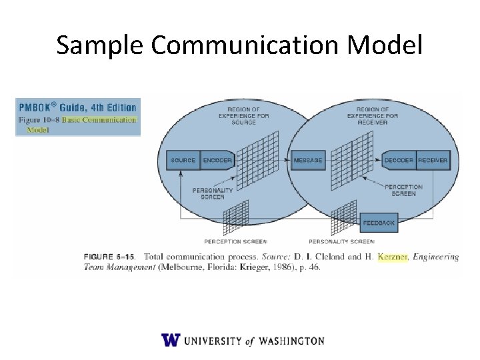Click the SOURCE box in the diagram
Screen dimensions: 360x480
click(x=183, y=161)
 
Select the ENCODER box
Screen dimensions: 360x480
click(x=217, y=161)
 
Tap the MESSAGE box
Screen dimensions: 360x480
click(x=308, y=161)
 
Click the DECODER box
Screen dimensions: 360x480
click(x=399, y=161)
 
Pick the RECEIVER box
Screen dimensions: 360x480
click(x=433, y=161)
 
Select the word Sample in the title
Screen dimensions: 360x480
click(x=101, y=45)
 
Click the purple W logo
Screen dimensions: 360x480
click(x=171, y=340)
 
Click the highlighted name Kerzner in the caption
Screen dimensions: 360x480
click(x=392, y=257)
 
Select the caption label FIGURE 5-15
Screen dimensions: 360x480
click(x=111, y=257)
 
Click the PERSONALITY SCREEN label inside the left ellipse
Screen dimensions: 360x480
click(x=213, y=193)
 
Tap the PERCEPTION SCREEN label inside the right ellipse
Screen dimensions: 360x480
click(x=403, y=190)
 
